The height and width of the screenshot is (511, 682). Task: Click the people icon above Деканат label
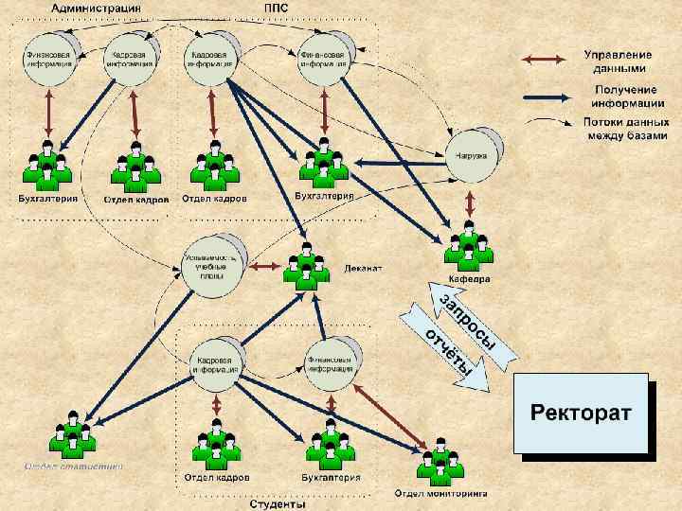pyautogui.click(x=305, y=266)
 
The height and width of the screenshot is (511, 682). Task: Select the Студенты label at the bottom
pyautogui.click(x=277, y=504)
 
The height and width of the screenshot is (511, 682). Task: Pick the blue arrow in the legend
pyautogui.click(x=547, y=94)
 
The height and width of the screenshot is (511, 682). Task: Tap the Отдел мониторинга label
pyautogui.click(x=440, y=493)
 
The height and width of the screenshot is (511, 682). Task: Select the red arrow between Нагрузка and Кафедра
pyautogui.click(x=469, y=203)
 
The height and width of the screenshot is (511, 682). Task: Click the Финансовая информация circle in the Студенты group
pyautogui.click(x=332, y=361)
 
